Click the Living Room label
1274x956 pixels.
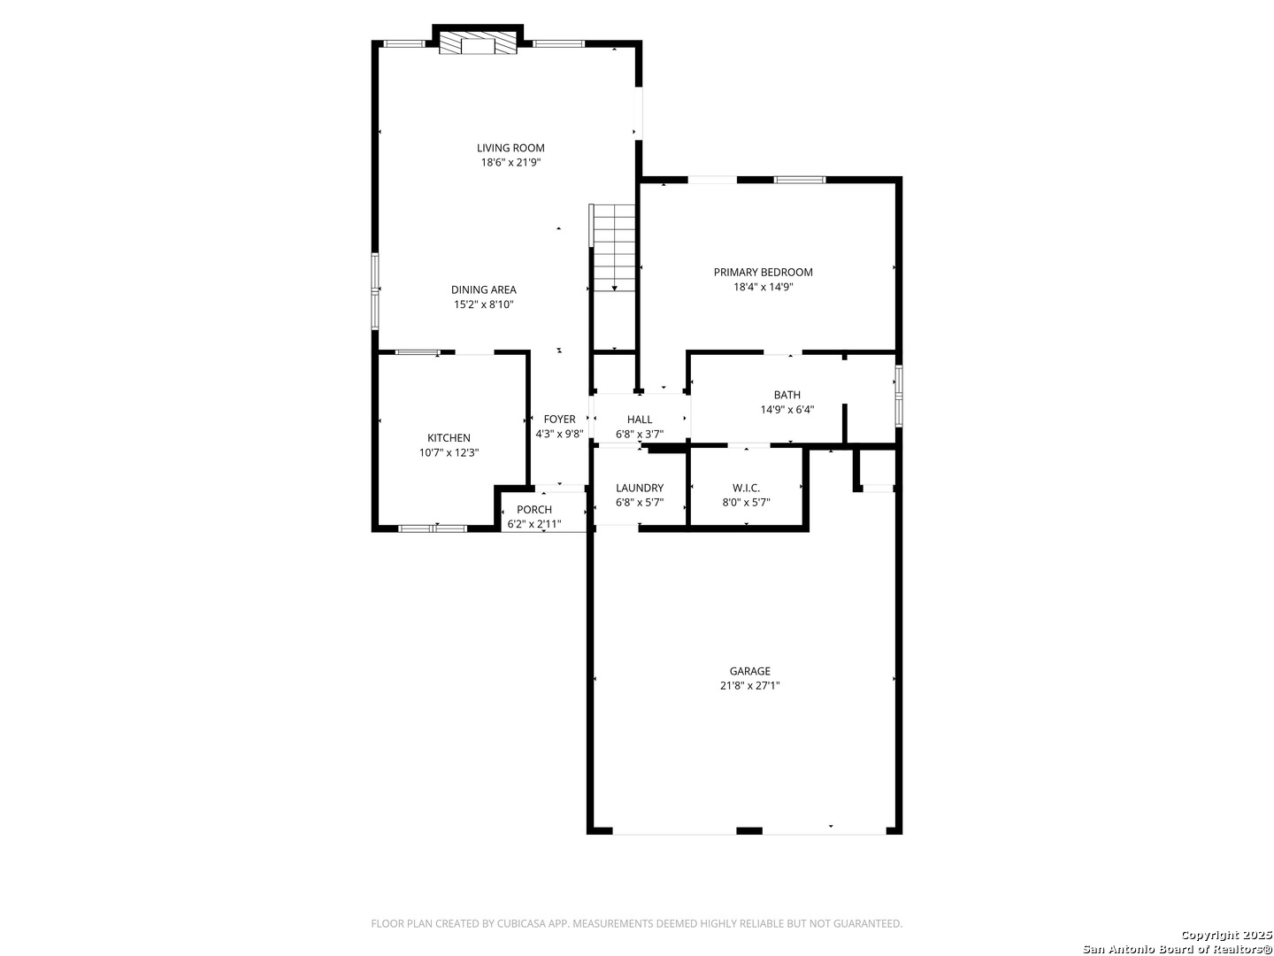(510, 148)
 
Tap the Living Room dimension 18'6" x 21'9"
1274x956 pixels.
(510, 163)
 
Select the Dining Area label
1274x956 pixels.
(483, 289)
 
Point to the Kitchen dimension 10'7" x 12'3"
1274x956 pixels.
(449, 452)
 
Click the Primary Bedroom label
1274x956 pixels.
(763, 273)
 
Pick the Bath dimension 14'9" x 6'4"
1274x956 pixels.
(787, 410)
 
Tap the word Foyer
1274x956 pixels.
(559, 419)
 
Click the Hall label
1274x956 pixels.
(640, 419)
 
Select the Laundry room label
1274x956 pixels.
(640, 488)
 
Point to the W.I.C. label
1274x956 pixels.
(746, 488)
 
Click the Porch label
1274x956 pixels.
(534, 510)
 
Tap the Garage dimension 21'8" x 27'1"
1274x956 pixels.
(750, 685)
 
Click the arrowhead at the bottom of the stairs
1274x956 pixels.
(614, 289)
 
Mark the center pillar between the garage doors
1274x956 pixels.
(748, 830)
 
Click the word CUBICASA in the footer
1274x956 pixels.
(520, 923)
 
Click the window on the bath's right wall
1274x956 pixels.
(899, 396)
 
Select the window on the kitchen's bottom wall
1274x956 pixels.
(433, 528)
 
